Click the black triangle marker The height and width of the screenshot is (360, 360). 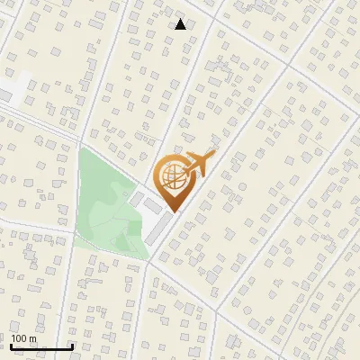[x=181, y=24]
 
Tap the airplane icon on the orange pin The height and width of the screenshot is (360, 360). [x=199, y=165]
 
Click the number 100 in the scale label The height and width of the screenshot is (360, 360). [x=19, y=338]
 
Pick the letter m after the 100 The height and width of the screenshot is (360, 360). [x=32, y=338]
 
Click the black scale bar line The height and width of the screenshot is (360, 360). [x=40, y=346]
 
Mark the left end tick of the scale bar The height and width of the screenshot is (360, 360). [x=11, y=345]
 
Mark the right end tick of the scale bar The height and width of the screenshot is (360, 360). [x=71, y=345]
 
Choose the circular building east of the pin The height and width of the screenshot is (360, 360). [x=241, y=187]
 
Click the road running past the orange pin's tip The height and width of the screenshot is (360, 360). [x=184, y=220]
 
